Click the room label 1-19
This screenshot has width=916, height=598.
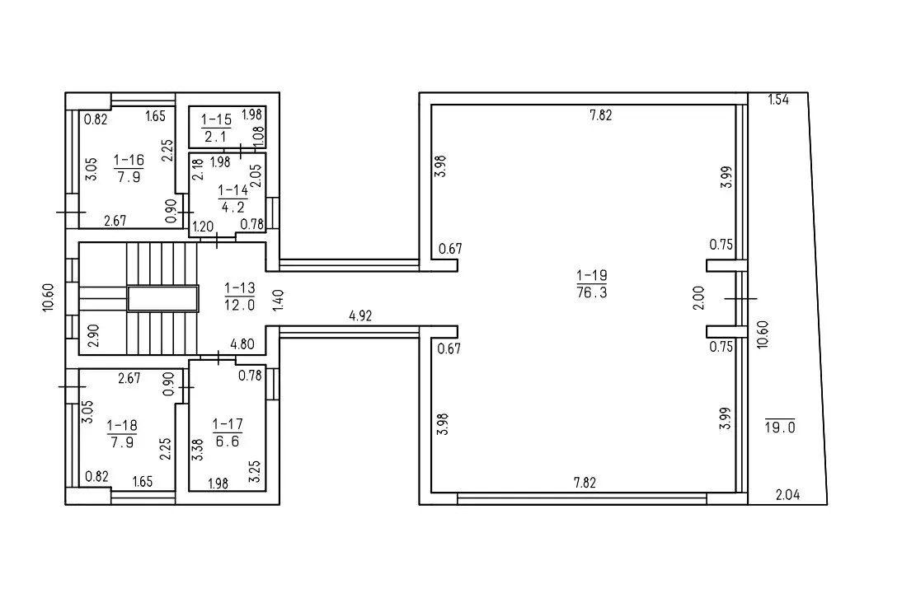(x=592, y=275)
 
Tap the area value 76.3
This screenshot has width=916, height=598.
(x=592, y=292)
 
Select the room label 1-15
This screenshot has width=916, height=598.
(x=216, y=120)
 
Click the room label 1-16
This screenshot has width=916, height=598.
(x=129, y=160)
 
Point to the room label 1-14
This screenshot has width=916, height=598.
(x=233, y=190)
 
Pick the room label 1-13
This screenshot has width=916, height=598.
(x=240, y=287)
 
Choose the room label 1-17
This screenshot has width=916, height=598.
(x=228, y=424)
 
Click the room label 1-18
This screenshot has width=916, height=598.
(x=122, y=425)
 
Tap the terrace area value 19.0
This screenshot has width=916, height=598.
(x=780, y=427)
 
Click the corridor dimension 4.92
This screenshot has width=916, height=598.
(x=360, y=316)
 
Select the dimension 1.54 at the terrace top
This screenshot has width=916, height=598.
(x=778, y=100)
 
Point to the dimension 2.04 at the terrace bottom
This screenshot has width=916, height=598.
(x=787, y=495)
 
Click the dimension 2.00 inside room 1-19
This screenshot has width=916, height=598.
(x=698, y=297)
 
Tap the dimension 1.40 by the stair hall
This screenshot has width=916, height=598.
(x=279, y=300)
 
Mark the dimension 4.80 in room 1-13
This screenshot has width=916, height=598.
(x=242, y=344)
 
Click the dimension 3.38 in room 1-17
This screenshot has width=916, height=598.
(x=197, y=451)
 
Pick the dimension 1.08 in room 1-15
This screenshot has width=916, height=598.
(x=259, y=136)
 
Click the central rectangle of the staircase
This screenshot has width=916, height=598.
(x=163, y=298)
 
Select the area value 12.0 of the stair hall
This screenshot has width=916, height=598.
(x=240, y=305)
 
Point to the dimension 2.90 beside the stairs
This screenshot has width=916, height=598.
(x=93, y=335)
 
